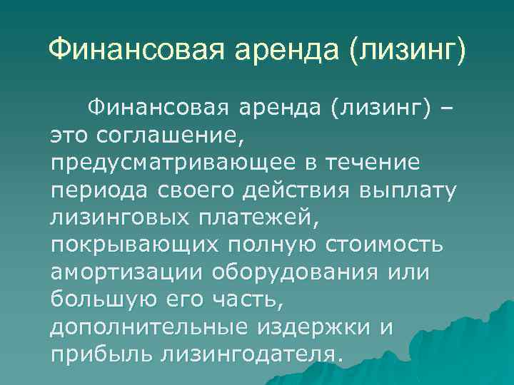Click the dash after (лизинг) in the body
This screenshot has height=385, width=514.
448,108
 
